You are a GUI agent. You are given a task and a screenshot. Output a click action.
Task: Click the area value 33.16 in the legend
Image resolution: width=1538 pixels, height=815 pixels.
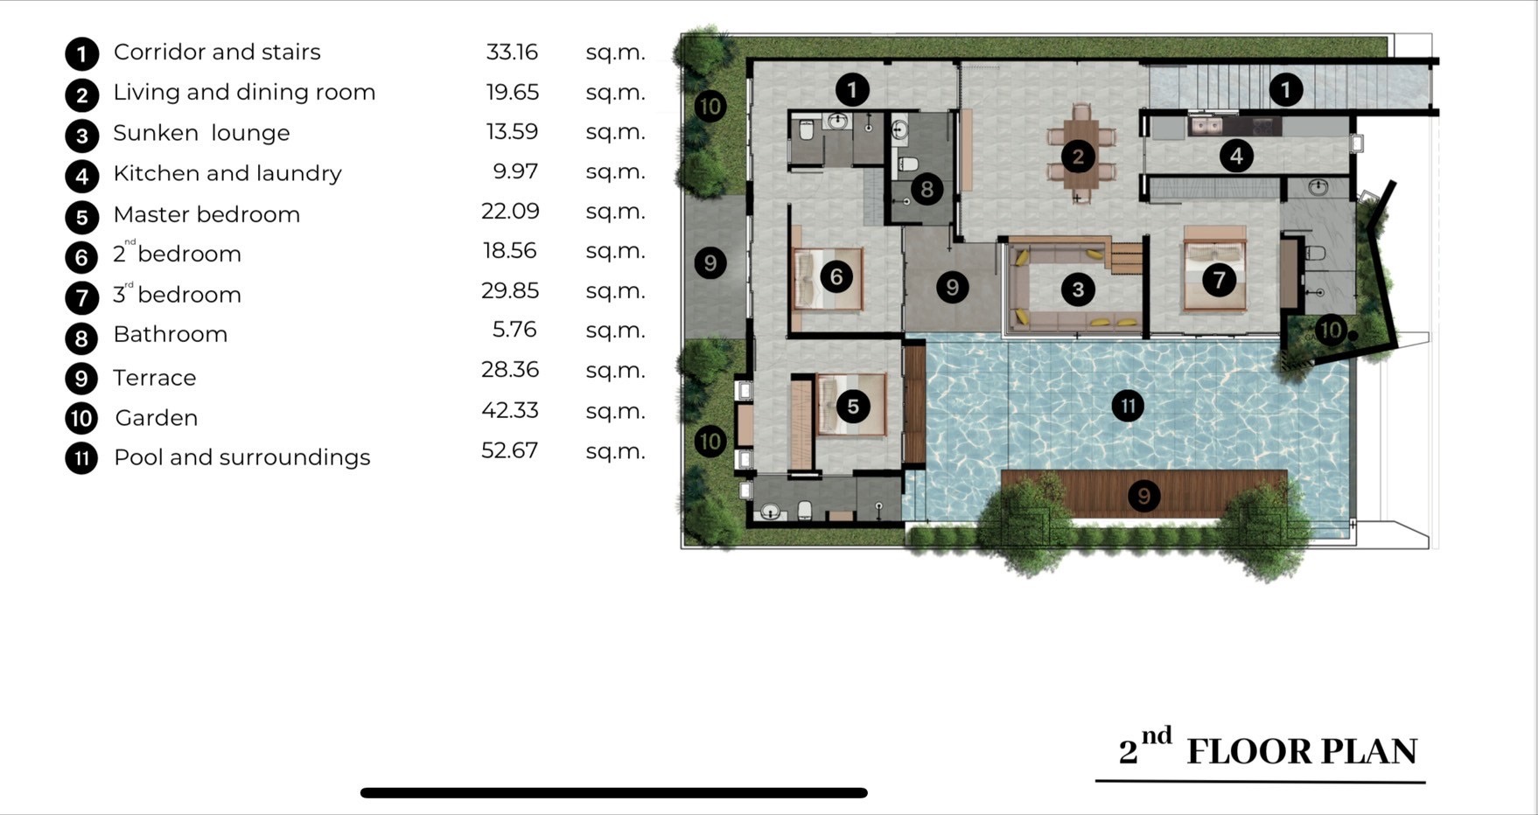click(512, 52)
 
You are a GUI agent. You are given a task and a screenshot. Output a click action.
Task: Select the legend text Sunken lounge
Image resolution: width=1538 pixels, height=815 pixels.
click(201, 133)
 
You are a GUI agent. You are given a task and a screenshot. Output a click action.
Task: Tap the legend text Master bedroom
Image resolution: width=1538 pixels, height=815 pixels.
click(206, 214)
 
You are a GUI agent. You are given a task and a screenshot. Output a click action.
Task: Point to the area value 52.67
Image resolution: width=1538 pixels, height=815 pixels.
click(509, 450)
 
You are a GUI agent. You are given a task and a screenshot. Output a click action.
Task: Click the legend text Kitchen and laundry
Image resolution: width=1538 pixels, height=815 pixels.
click(227, 173)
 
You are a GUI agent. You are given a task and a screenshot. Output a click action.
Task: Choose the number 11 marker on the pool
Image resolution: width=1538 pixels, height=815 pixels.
click(1128, 406)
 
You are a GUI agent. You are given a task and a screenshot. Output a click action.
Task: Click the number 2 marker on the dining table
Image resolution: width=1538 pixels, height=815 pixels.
click(1078, 157)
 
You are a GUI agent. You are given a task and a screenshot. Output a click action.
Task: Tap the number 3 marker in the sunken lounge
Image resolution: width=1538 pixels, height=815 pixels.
click(1078, 289)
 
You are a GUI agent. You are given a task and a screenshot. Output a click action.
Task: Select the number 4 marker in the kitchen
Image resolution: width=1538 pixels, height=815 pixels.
click(1236, 157)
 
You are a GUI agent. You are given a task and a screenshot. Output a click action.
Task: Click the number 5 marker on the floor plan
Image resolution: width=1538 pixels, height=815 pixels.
click(853, 406)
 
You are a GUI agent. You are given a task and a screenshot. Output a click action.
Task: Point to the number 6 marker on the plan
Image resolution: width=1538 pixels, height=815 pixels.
click(836, 277)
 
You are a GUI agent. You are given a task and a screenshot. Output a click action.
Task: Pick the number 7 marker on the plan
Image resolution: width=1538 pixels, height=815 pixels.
click(1219, 280)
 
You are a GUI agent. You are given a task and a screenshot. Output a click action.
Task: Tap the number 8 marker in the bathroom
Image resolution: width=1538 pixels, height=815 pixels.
click(926, 189)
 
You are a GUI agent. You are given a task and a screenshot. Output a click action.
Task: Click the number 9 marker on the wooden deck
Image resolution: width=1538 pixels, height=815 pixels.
click(1143, 497)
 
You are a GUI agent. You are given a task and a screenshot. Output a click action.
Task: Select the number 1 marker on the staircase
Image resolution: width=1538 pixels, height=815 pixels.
click(1285, 89)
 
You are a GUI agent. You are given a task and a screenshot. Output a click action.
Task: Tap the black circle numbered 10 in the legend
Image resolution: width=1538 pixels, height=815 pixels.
click(81, 418)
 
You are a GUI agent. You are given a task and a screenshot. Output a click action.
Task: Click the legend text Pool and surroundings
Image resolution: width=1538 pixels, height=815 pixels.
click(242, 457)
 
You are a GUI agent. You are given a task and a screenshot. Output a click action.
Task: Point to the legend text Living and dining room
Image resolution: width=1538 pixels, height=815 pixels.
click(244, 93)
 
